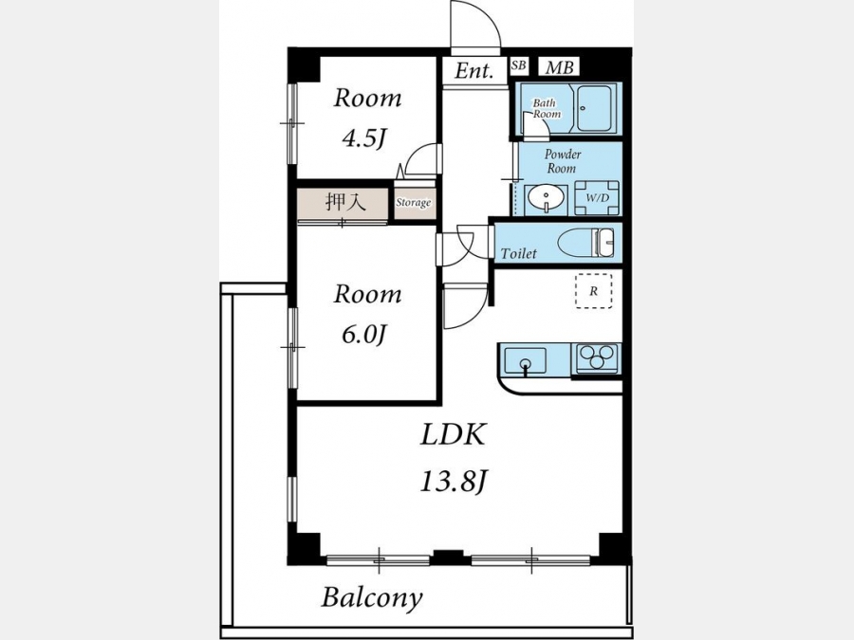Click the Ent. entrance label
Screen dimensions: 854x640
pyautogui.click(x=473, y=70)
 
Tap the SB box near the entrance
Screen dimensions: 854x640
pyautogui.click(x=518, y=65)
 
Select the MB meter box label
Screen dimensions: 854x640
pyautogui.click(x=559, y=67)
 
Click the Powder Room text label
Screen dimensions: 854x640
pyautogui.click(x=562, y=161)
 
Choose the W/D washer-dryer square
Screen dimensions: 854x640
pyautogui.click(x=597, y=197)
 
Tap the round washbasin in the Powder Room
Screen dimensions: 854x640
pyautogui.click(x=545, y=198)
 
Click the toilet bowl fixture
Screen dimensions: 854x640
pyautogui.click(x=586, y=242)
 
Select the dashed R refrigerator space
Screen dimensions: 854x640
pyautogui.click(x=594, y=291)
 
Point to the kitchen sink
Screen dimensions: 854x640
pyautogui.click(x=525, y=360)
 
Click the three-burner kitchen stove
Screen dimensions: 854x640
pyautogui.click(x=596, y=358)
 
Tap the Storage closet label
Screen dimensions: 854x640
pyautogui.click(x=413, y=203)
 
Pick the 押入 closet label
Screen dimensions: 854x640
pyautogui.click(x=344, y=202)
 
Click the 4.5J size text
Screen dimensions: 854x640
pyautogui.click(x=364, y=139)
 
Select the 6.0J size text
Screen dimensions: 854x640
pyautogui.click(x=364, y=334)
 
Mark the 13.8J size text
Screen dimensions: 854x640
pyautogui.click(x=453, y=482)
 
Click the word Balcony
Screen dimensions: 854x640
pyautogui.click(x=372, y=597)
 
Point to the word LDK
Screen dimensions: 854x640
pyautogui.click(x=453, y=435)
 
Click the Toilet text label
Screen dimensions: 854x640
pyautogui.click(x=518, y=253)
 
